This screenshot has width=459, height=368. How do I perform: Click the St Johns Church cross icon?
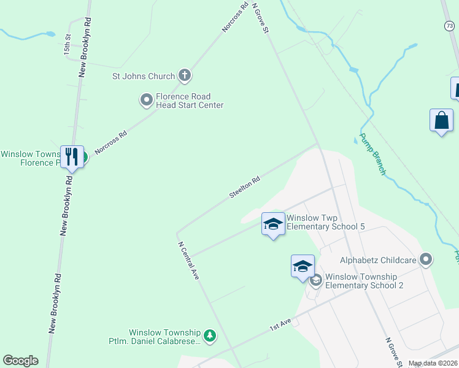[x=184, y=76]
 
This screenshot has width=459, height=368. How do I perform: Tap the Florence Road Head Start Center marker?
[x=147, y=100]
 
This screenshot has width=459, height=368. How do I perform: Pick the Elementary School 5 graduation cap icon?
[x=273, y=223]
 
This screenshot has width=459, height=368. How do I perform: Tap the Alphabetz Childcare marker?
[x=425, y=260]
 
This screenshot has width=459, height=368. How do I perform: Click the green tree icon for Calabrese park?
[x=210, y=335]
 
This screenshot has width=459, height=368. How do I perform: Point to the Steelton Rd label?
[x=245, y=187]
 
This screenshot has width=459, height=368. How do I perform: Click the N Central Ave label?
[x=188, y=261]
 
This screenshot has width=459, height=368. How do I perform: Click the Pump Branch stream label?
[x=372, y=154]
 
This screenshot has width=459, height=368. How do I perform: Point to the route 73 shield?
[x=449, y=25]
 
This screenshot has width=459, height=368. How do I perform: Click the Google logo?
[x=20, y=361]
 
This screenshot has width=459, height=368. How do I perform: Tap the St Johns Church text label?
[x=143, y=77]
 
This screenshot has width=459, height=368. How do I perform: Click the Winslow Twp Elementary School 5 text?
[x=326, y=222]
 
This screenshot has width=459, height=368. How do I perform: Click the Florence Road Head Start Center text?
[x=189, y=101]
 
